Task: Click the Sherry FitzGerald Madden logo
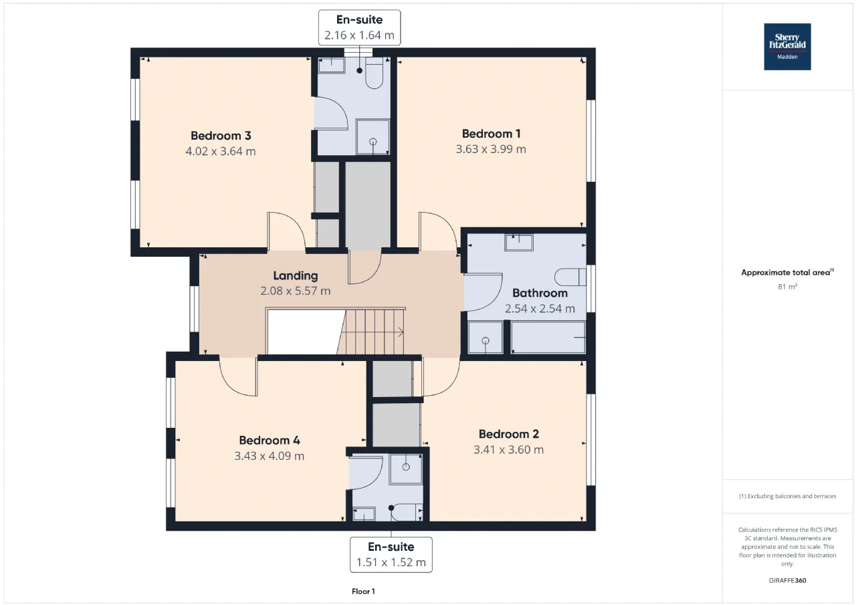(787, 47)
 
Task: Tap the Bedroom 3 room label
(221, 136)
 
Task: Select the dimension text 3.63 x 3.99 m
(491, 149)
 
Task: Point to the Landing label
(296, 275)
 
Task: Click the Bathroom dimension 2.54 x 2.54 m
(540, 309)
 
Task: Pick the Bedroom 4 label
(270, 441)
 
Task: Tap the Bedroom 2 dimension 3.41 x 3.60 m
(509, 449)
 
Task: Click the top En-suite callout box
(360, 27)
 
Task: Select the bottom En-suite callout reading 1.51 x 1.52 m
(391, 555)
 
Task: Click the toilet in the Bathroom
(570, 277)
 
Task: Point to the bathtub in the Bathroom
(548, 338)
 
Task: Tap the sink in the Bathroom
(519, 243)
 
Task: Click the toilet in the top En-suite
(374, 74)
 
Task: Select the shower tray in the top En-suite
(372, 137)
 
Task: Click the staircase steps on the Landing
(370, 332)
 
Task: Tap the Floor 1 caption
(363, 591)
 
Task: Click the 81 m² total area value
(787, 287)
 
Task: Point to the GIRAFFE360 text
(787, 580)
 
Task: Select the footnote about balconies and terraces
(787, 496)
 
